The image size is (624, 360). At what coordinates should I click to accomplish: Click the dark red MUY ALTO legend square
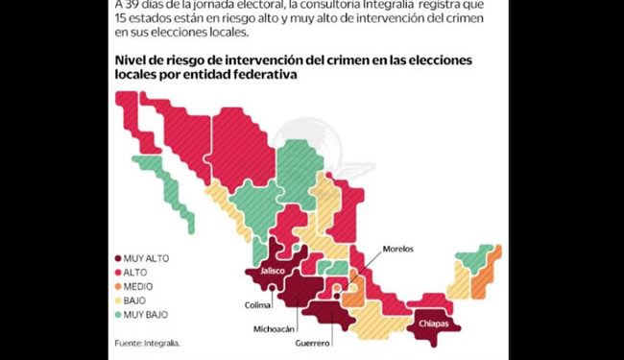(x=117, y=257)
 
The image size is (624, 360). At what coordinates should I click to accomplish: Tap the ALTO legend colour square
(x=117, y=272)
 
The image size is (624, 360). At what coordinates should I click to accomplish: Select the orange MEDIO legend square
(x=117, y=286)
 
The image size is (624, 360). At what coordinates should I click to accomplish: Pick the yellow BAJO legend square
(x=117, y=300)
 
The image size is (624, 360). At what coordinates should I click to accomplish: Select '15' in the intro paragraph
(x=121, y=20)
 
